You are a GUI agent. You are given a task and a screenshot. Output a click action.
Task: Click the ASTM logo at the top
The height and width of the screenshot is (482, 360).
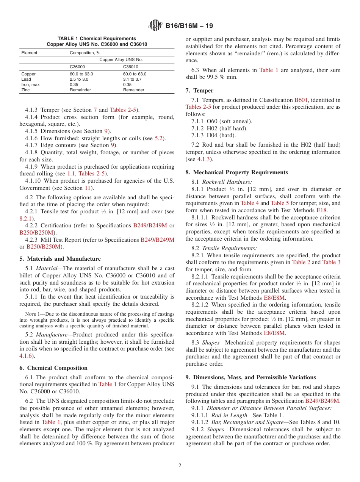(x=155, y=26)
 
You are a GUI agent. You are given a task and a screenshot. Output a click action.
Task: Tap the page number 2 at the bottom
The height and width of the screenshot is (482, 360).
(x=180, y=465)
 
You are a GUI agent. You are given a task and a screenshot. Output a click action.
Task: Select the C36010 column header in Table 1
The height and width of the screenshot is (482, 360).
(x=131, y=67)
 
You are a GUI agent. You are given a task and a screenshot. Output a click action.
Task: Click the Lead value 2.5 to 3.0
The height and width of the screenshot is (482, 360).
(x=78, y=79)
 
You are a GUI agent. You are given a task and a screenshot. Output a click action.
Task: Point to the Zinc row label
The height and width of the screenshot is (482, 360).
(x=26, y=90)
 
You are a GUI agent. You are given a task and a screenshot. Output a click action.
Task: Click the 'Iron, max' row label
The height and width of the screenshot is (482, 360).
(x=30, y=85)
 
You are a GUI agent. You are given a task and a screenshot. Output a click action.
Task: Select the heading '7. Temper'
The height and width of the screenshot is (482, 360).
(x=199, y=91)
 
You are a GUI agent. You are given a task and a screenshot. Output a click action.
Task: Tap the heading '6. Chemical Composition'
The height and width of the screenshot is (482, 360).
(x=53, y=368)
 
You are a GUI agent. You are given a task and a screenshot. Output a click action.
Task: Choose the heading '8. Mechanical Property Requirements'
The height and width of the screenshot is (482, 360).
(x=236, y=172)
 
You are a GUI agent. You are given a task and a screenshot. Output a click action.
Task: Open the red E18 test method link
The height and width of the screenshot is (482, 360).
(x=322, y=210)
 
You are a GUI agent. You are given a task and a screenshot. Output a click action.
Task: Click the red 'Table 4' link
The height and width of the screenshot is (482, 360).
(x=250, y=203)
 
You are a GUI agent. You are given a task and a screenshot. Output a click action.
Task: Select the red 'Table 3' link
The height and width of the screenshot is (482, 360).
(x=331, y=262)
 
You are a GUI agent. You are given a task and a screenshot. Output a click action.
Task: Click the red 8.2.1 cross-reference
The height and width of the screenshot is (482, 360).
(x=26, y=218)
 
